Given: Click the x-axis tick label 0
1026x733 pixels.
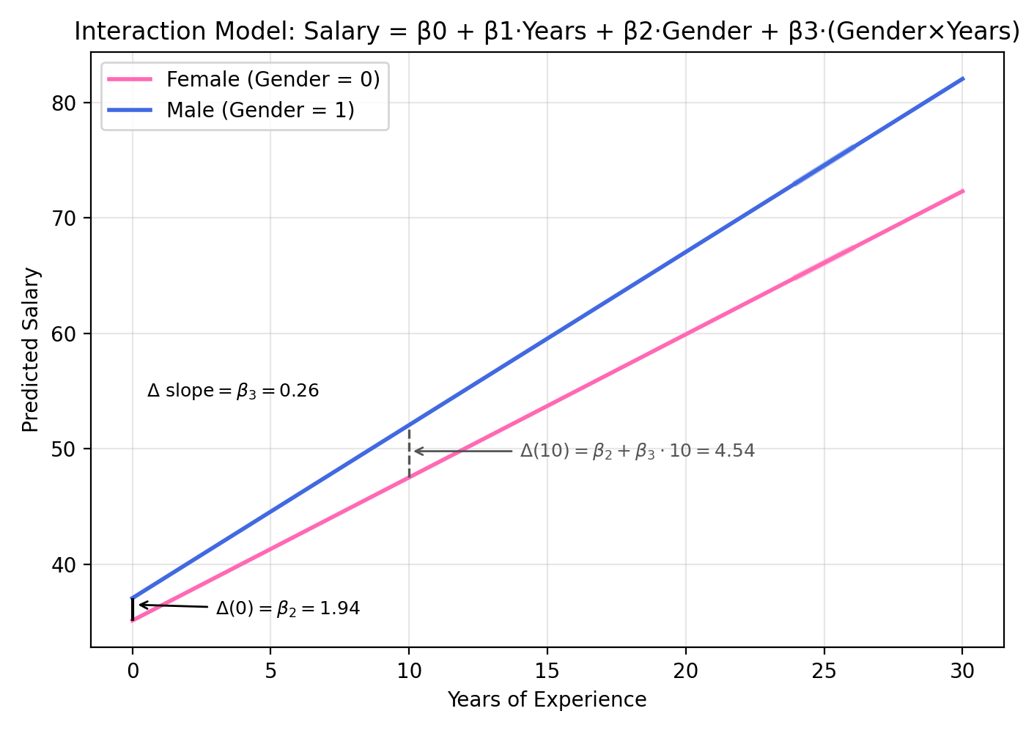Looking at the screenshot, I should (x=133, y=671).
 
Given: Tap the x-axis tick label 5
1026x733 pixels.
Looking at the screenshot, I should (x=270, y=671).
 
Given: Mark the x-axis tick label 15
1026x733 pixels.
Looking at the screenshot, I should (x=547, y=671).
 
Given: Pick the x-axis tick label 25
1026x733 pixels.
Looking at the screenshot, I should (x=824, y=671).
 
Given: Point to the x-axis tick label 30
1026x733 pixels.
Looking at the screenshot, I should (x=962, y=671).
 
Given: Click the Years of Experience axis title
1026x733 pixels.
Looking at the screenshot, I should (x=547, y=700).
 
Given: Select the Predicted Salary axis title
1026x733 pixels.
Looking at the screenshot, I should (x=31, y=350).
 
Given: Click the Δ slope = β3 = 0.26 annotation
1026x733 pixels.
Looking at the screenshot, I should (x=233, y=391).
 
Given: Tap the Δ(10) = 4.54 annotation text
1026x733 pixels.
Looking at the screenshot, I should (x=637, y=451).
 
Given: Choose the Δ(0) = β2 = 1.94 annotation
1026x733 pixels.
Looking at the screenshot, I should (x=287, y=608).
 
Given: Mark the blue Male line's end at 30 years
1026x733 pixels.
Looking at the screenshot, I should (x=962, y=79).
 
